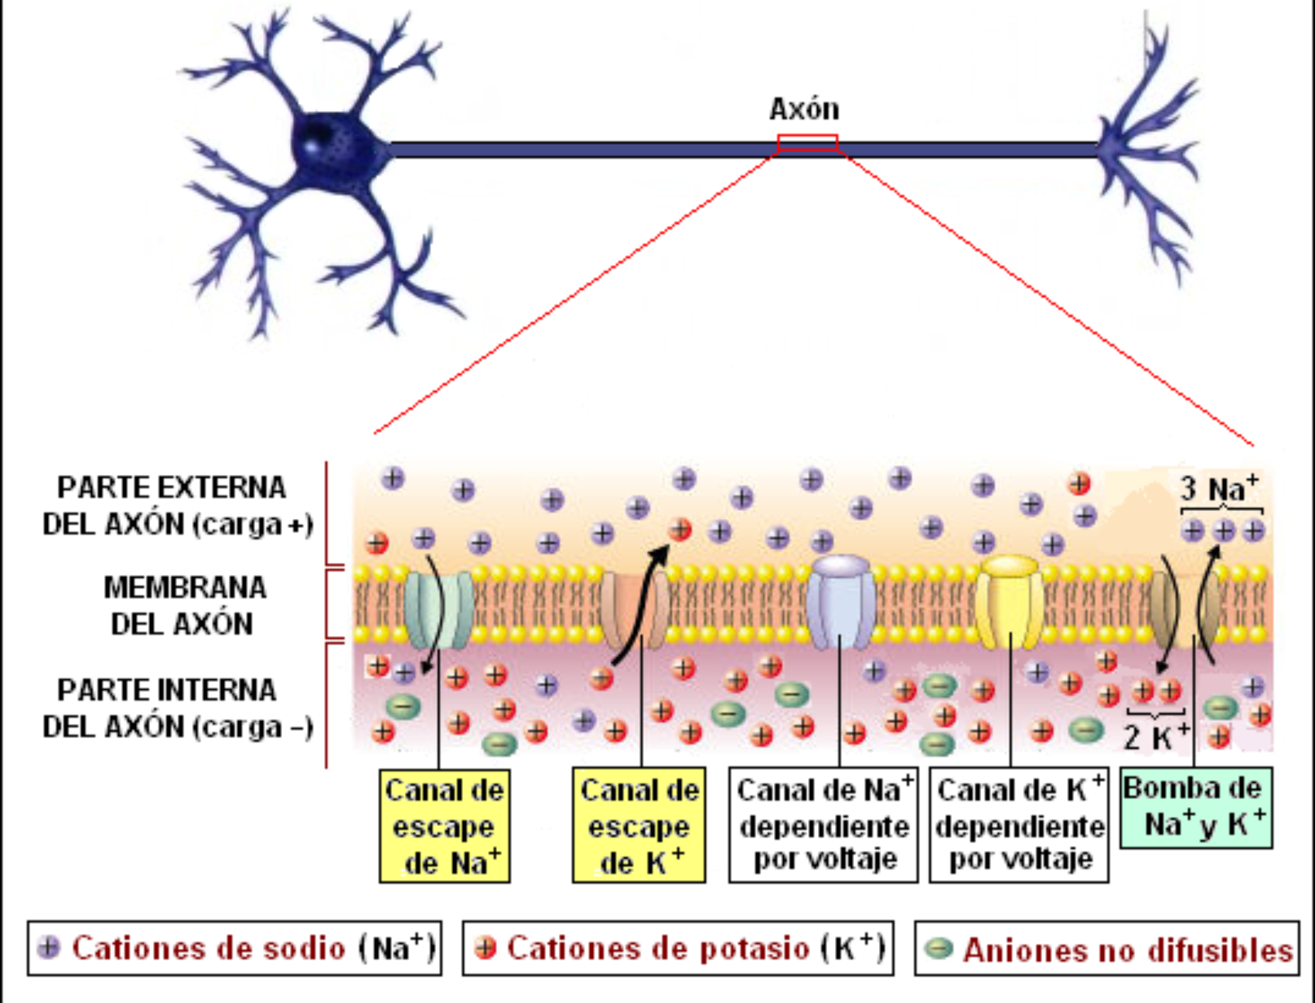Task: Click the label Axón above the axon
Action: (804, 109)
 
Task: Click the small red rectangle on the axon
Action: (807, 143)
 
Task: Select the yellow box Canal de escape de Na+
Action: (444, 826)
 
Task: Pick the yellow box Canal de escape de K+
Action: (638, 826)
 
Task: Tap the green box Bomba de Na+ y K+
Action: (1196, 808)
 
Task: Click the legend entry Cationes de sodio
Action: (235, 948)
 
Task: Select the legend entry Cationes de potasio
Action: (678, 948)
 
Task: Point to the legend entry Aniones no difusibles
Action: (1107, 949)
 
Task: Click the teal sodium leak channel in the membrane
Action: (439, 608)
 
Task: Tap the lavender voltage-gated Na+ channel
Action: (841, 602)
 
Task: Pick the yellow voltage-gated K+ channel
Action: (1009, 602)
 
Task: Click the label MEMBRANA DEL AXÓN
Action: (184, 606)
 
